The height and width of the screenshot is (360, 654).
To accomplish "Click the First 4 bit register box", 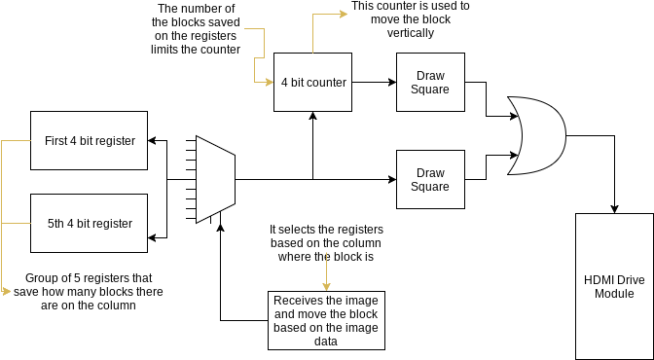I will point(90,141).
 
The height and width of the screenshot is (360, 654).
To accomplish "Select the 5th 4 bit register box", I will point(90,224).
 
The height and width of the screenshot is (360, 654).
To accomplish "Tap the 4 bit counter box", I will point(313,83).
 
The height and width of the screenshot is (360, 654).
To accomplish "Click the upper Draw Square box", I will point(430,82).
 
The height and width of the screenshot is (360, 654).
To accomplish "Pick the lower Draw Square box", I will point(430,179).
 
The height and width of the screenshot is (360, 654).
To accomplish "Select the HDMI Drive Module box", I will point(614,286).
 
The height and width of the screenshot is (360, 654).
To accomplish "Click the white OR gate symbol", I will point(535,135).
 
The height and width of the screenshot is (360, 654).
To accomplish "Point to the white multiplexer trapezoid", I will point(215,179).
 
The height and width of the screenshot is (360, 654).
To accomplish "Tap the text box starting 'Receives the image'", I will point(326,320).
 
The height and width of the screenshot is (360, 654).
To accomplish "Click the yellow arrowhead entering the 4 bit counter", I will point(270,83).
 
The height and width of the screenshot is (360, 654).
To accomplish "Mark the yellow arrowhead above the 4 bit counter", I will point(342,15).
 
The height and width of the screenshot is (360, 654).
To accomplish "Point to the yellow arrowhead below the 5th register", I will point(7,291).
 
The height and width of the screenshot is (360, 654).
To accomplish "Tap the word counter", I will point(326,83).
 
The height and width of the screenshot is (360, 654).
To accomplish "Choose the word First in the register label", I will point(56,141).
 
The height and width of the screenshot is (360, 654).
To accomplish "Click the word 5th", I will point(56,224).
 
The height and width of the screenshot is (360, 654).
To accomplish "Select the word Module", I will point(614,293).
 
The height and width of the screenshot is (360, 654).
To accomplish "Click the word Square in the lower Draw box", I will point(430,186).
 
